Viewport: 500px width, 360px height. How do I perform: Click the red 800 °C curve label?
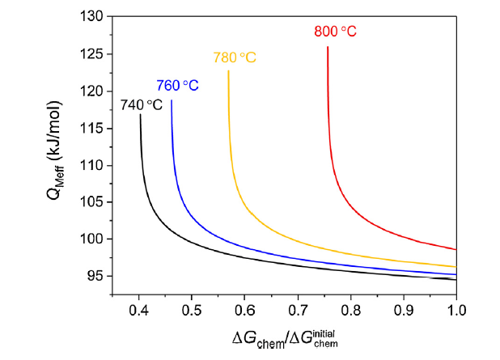335,32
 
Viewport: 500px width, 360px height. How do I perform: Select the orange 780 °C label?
234,58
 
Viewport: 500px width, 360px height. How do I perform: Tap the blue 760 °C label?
177,85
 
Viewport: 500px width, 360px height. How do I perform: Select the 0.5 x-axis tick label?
192,308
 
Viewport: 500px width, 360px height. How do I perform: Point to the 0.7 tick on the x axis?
298,308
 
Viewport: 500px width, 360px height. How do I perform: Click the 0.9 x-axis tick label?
404,308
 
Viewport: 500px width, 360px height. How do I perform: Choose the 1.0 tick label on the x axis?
457,308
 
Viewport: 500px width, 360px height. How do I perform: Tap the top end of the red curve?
328,47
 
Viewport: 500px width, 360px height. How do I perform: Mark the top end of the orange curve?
228,70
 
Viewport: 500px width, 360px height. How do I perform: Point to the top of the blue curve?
172,100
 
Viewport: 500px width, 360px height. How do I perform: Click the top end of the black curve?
140,114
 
